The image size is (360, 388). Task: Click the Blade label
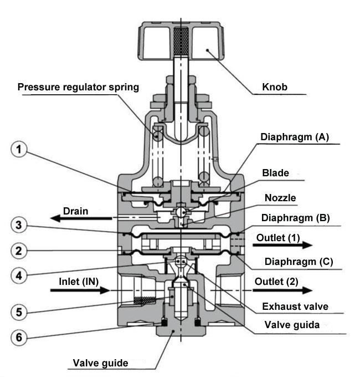click(x=291, y=173)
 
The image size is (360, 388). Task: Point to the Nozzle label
click(x=295, y=197)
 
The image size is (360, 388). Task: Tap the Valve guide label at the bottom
click(x=100, y=364)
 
